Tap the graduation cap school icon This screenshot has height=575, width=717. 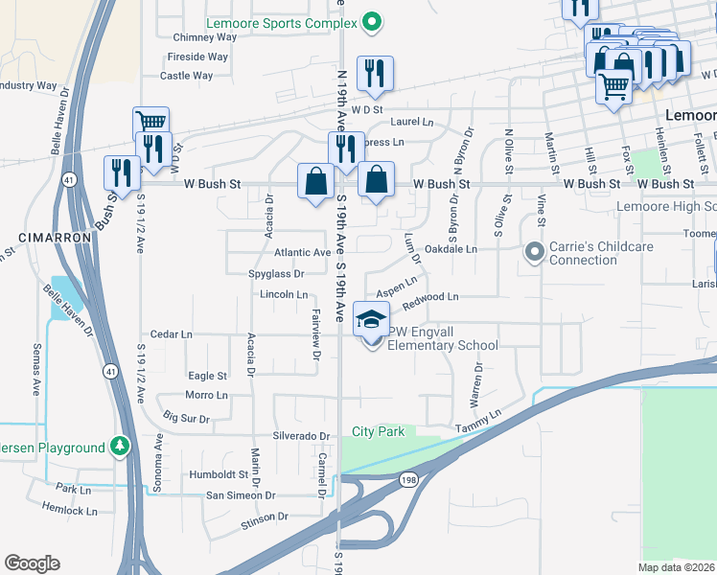click(372, 318)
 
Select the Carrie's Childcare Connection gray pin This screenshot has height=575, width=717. click(534, 252)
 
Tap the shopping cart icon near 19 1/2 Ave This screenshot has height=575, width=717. click(150, 123)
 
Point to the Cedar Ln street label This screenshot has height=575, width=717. click(173, 334)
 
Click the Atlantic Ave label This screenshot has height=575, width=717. click(303, 252)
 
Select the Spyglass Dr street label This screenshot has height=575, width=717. click(276, 273)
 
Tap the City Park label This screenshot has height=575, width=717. click(378, 432)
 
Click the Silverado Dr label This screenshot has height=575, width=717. click(302, 435)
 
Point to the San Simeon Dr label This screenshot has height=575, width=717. click(241, 495)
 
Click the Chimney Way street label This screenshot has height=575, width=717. click(205, 37)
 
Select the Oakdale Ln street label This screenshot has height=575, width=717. click(451, 249)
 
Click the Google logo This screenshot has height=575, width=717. click(33, 563)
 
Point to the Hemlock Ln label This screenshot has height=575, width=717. click(71, 511)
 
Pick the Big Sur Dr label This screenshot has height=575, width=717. click(186, 418)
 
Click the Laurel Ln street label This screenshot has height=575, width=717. click(412, 122)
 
